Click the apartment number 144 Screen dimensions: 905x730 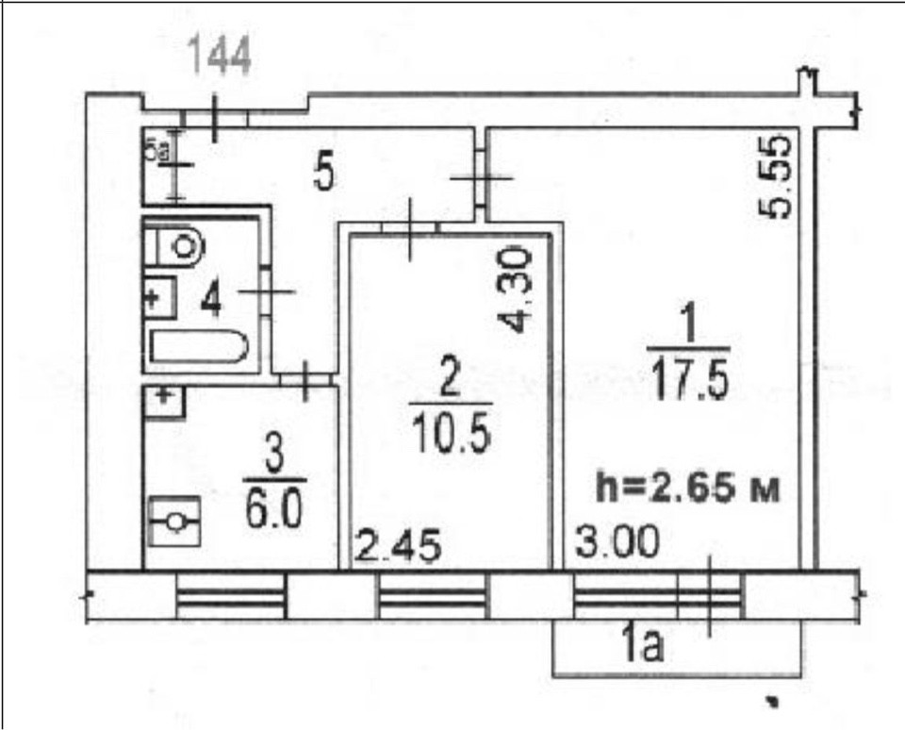(x=220, y=56)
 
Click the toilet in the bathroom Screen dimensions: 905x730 (x=174, y=246)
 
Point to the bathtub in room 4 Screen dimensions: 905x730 (x=199, y=346)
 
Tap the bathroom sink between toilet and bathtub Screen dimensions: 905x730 (x=160, y=297)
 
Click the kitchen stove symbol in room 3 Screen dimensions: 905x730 (x=175, y=522)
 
